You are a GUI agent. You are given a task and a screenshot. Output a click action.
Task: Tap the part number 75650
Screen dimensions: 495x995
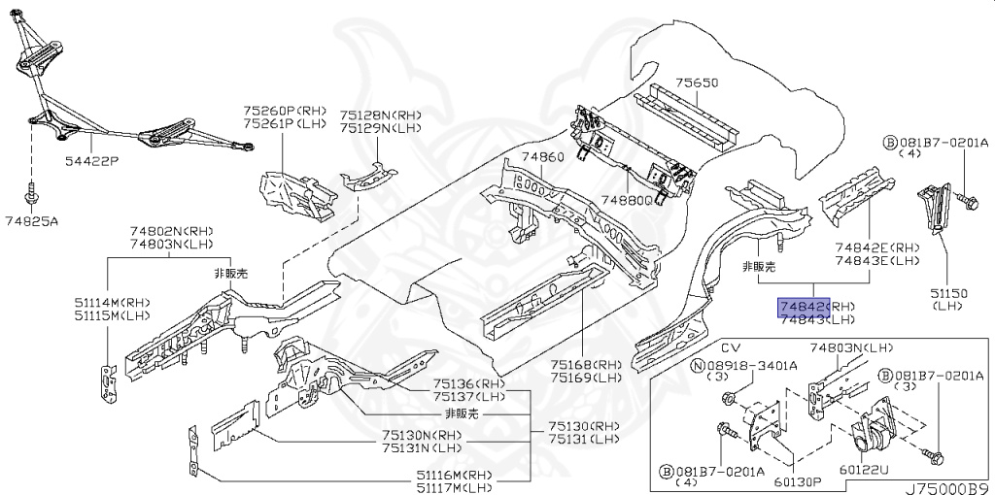point(697,82)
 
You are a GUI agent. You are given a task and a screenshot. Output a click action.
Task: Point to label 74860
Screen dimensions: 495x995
point(541,157)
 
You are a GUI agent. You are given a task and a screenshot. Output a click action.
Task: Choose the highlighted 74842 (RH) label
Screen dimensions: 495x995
point(801,306)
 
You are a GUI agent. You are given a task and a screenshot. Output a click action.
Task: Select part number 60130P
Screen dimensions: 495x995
point(799,478)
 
